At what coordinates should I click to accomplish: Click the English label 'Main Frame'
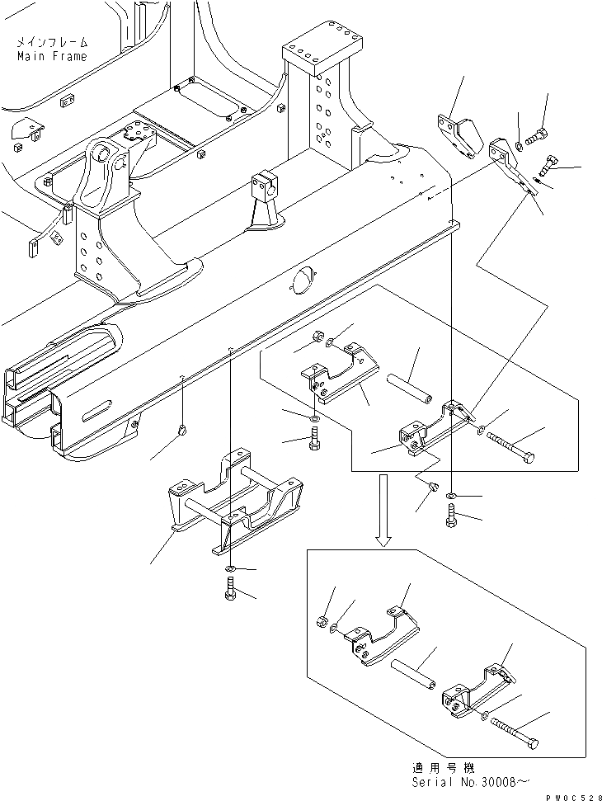(x=51, y=56)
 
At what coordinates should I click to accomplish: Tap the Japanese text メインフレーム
(x=50, y=41)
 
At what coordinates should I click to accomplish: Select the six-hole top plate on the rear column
(x=324, y=49)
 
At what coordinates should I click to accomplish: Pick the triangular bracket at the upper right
(x=458, y=134)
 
